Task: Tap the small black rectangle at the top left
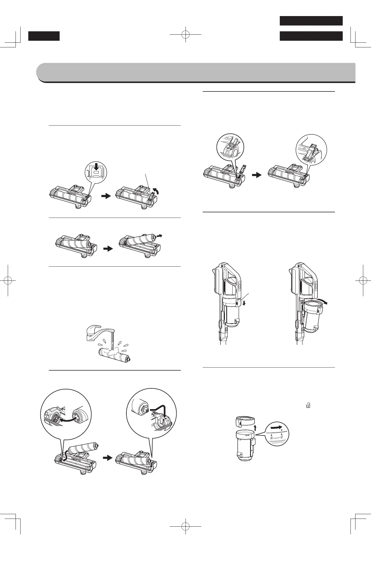click(x=44, y=36)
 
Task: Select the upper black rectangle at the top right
click(x=311, y=21)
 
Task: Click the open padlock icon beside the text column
click(x=308, y=406)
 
